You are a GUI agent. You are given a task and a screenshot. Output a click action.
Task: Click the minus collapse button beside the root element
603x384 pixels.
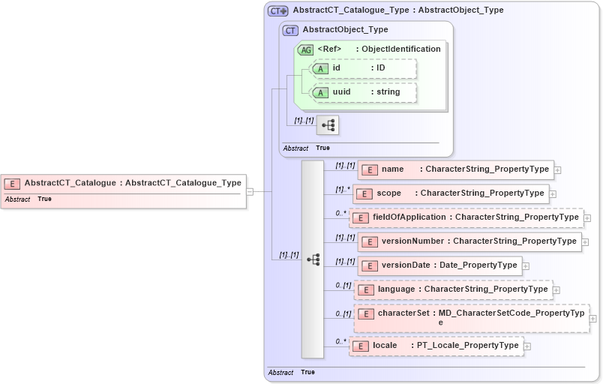click(x=250, y=191)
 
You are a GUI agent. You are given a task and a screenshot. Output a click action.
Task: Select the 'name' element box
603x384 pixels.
click(x=455, y=169)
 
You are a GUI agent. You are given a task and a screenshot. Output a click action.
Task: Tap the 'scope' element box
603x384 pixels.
click(x=451, y=193)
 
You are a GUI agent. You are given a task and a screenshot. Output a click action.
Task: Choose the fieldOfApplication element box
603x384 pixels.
click(x=466, y=217)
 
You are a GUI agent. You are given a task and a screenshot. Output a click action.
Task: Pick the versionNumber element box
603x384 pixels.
click(x=469, y=241)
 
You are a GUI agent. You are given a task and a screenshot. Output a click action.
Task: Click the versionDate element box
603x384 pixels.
click(x=439, y=265)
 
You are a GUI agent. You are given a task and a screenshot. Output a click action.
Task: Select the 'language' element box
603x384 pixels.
click(x=453, y=289)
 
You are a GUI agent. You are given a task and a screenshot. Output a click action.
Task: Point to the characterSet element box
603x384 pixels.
click(x=471, y=317)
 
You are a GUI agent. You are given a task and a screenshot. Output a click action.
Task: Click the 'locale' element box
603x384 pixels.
click(x=436, y=346)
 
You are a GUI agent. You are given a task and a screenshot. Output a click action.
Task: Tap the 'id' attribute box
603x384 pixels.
click(x=363, y=68)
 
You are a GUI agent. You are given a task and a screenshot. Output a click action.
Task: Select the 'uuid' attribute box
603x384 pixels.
click(x=363, y=92)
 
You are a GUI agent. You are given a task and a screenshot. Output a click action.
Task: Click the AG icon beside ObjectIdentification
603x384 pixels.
click(x=305, y=49)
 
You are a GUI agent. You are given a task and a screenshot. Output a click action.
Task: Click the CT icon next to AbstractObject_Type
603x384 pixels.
click(x=290, y=30)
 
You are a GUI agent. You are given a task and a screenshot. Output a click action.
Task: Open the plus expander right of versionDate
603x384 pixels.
click(x=526, y=266)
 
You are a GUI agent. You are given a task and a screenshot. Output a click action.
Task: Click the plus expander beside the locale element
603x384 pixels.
click(x=527, y=346)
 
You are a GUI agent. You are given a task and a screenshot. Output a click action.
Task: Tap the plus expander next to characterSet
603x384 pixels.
click(x=594, y=319)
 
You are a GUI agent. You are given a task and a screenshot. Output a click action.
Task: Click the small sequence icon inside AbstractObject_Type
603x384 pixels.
click(x=328, y=125)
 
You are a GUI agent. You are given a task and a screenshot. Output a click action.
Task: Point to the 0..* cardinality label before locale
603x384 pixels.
click(x=341, y=341)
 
